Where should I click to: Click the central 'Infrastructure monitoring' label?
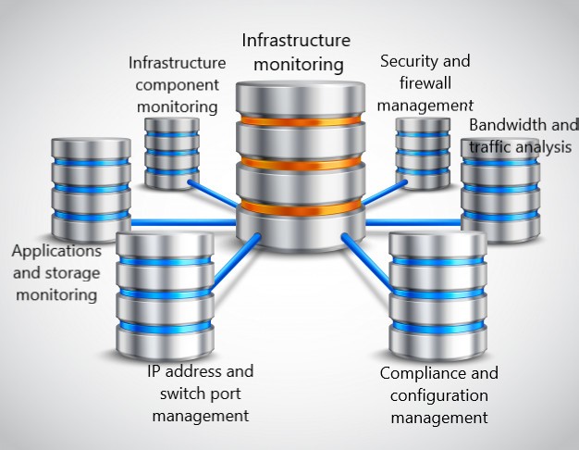[x=296, y=53]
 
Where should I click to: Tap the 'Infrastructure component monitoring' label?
[x=178, y=84]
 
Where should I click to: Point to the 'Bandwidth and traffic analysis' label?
[x=522, y=136]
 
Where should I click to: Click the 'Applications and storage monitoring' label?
[x=55, y=273]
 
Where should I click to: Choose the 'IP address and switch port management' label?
[x=200, y=394]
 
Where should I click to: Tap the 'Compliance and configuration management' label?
[x=438, y=395]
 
